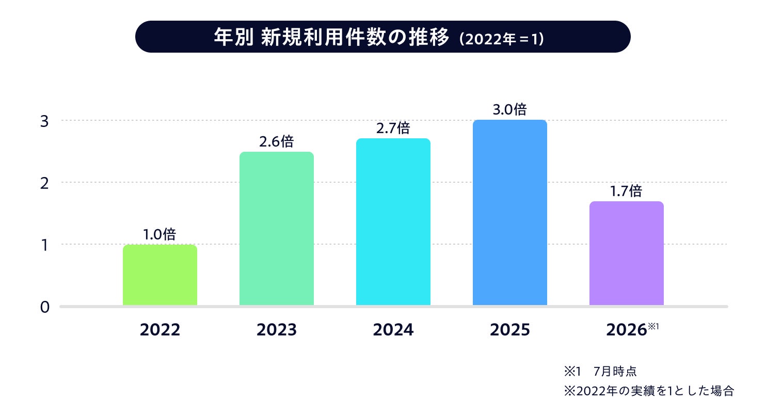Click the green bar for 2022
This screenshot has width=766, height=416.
click(x=159, y=275)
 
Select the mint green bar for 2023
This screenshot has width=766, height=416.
click(x=276, y=228)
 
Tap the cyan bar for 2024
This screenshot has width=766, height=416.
click(x=393, y=221)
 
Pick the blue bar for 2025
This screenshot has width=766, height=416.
click(x=510, y=212)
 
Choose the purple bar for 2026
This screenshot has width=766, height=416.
click(x=627, y=253)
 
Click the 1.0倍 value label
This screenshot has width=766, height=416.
click(x=159, y=234)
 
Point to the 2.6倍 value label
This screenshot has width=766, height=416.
click(x=276, y=141)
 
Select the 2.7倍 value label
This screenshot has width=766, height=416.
click(x=393, y=128)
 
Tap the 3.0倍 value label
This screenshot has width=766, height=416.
click(x=509, y=109)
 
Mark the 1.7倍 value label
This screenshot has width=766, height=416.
click(x=626, y=191)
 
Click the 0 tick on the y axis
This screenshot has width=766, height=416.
click(x=44, y=307)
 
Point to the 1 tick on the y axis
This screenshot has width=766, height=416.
click(x=44, y=245)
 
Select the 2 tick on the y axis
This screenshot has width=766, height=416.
click(x=44, y=184)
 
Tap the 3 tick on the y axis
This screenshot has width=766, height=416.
click(x=44, y=121)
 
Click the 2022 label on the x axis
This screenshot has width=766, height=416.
click(x=159, y=330)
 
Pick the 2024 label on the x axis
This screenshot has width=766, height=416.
click(x=393, y=330)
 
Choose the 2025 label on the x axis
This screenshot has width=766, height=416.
click(x=510, y=330)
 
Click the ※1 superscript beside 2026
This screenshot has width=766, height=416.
click(x=653, y=326)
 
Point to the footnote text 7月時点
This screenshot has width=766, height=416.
click(x=615, y=371)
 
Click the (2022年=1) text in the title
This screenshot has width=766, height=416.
click(x=501, y=39)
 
